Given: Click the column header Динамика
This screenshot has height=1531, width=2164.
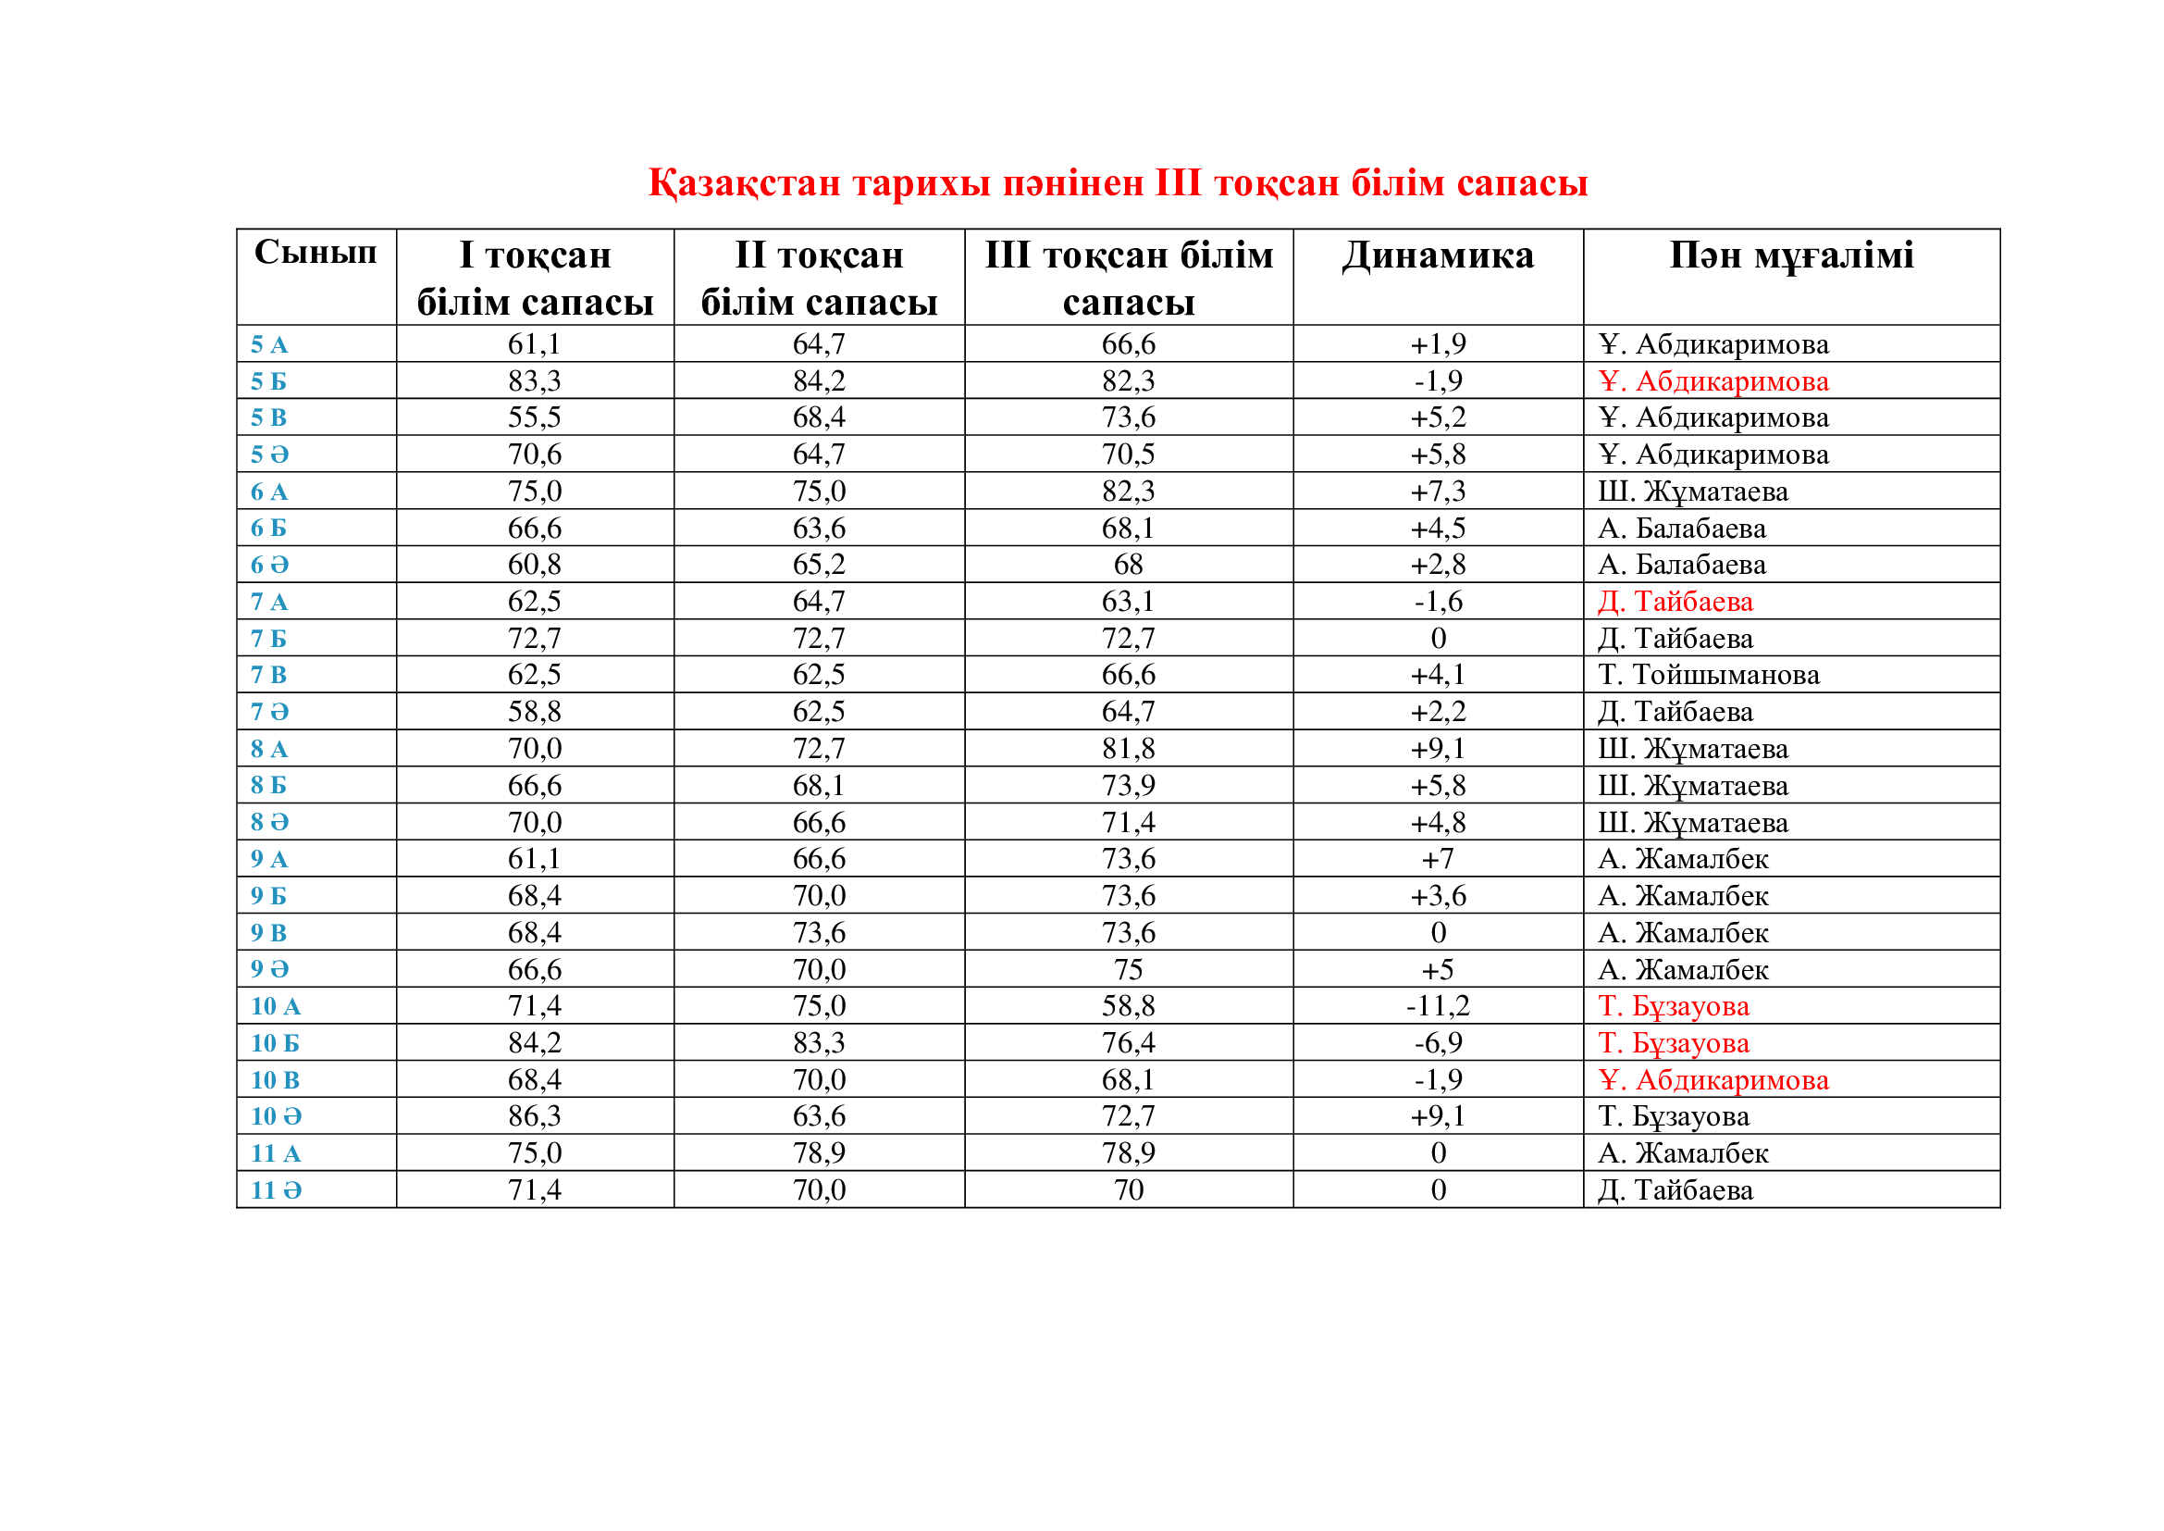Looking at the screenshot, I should [1438, 256].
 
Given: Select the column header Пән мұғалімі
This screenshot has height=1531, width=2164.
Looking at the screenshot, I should [1791, 256].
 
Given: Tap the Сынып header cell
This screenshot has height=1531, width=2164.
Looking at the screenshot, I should [315, 253].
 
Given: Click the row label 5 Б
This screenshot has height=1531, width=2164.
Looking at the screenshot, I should [268, 380].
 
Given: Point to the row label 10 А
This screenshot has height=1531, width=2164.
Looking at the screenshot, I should [275, 1006].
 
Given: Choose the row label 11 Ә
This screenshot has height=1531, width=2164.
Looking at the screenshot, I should [276, 1189].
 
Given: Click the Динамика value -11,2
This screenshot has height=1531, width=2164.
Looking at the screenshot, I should [1438, 1006].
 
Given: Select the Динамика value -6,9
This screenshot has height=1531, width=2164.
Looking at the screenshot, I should [1438, 1042].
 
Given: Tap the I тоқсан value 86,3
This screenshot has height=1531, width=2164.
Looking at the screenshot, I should [535, 1116].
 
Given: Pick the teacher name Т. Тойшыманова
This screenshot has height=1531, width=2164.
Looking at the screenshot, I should [1708, 675].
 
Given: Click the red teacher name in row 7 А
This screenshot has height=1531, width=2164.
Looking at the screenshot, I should [1675, 602].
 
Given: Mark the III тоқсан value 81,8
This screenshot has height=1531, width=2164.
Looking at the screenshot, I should [1128, 749].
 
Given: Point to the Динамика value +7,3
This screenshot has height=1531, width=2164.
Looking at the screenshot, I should [1438, 492].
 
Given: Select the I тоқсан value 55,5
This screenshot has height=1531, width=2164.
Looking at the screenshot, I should [535, 417].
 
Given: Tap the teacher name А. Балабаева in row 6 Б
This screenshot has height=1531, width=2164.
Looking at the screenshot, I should [1681, 528].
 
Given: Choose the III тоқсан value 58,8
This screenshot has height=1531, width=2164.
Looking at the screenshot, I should [1128, 1006].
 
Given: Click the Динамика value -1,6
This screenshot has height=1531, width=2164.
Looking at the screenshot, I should [1438, 602].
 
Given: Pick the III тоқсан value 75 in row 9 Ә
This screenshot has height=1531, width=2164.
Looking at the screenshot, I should [1128, 969].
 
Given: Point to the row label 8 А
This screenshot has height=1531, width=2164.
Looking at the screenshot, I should [268, 749].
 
